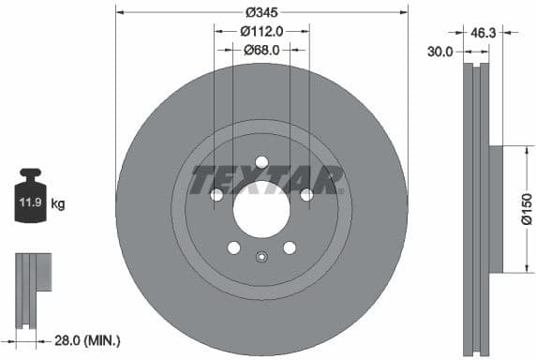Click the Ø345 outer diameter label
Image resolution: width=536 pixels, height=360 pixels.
261,13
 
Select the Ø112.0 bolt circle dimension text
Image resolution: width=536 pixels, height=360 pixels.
261,31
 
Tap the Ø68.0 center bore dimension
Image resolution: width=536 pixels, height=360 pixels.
261,51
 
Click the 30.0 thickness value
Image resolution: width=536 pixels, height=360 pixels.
439,52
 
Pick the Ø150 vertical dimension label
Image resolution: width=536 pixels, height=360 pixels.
526,208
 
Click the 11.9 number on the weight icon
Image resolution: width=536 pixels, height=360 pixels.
31,202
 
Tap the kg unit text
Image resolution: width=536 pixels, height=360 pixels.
58,202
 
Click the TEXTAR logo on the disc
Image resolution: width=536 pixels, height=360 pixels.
266,179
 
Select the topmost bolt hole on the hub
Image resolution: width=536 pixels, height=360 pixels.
261,161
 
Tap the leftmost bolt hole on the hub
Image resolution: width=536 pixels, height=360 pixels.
217,194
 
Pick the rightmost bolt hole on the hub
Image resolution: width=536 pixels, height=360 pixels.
305,194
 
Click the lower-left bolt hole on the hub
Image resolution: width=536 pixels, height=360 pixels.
234,247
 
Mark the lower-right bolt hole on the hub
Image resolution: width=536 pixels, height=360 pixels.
290,247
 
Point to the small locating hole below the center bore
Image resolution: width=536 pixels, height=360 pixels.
261,258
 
